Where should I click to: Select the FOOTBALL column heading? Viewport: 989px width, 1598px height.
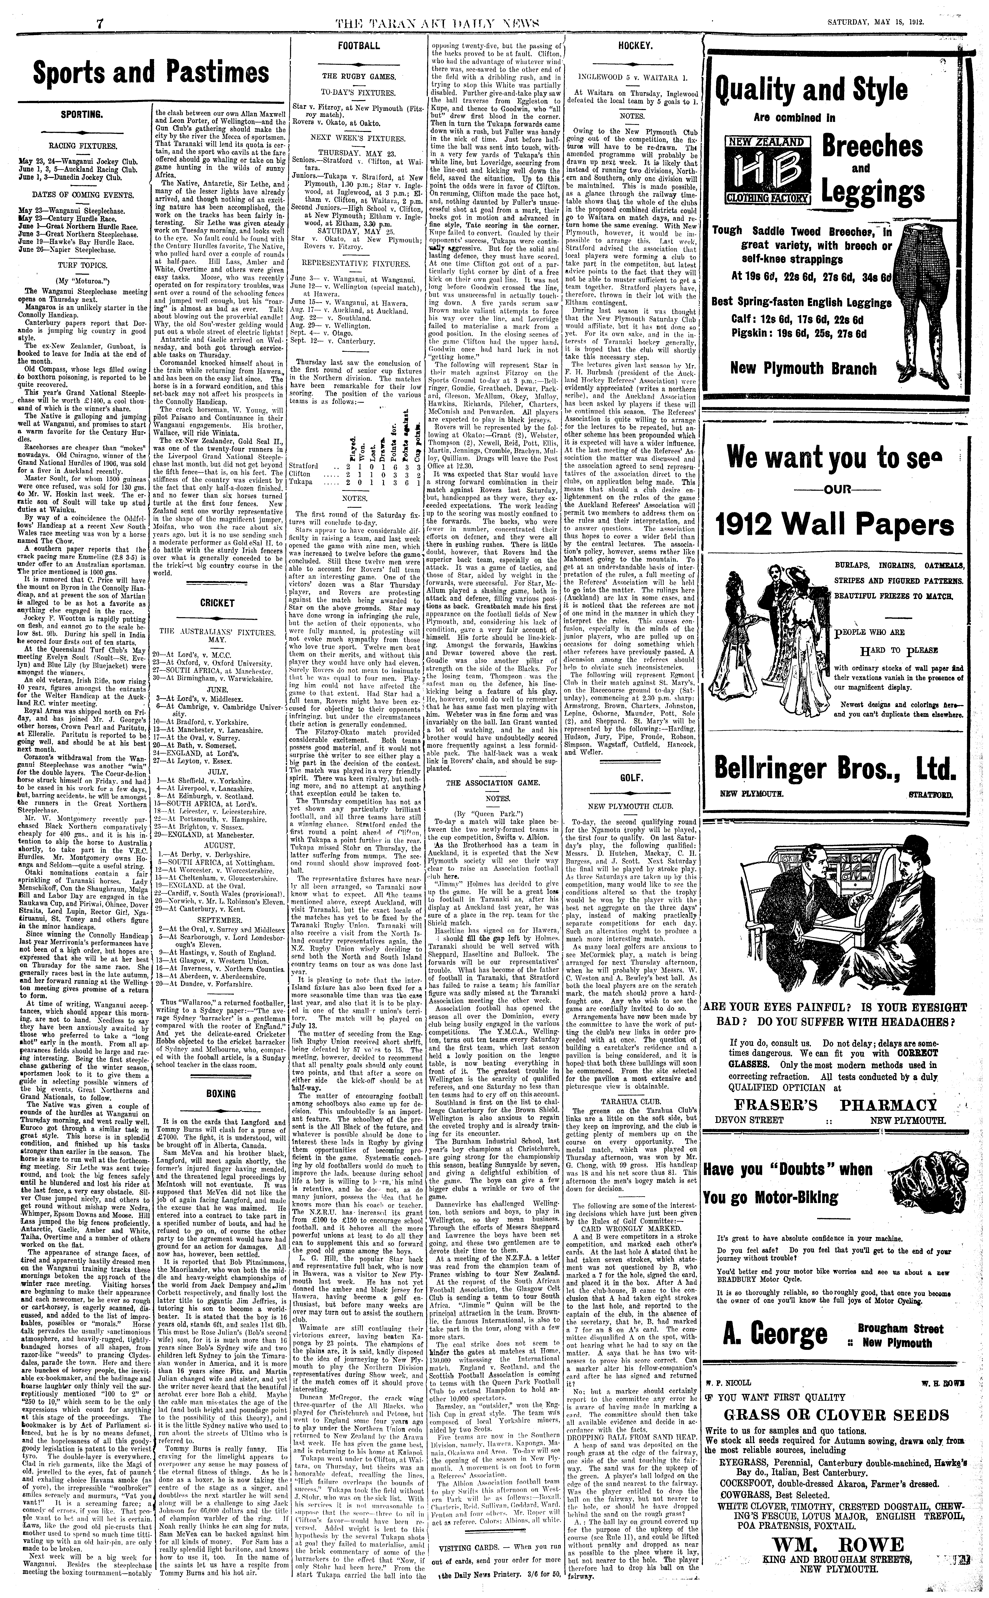click(x=358, y=46)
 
